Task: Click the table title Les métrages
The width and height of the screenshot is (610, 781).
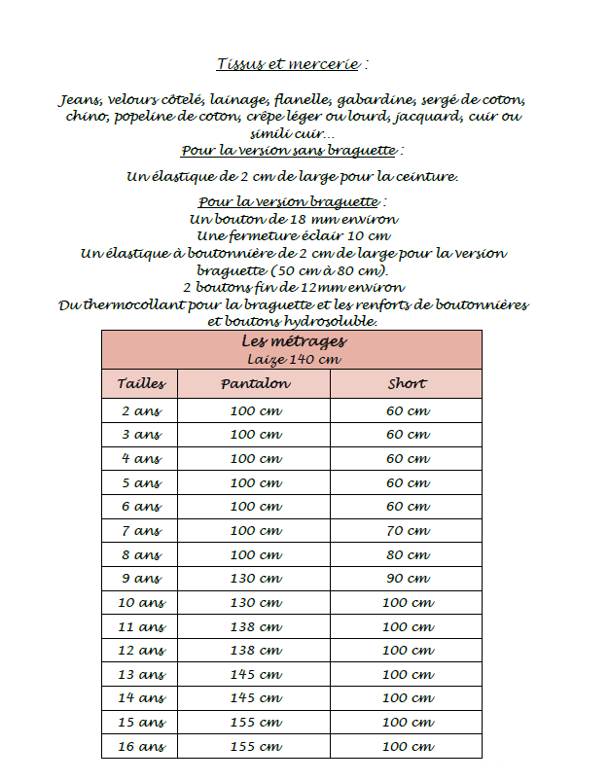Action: (293, 342)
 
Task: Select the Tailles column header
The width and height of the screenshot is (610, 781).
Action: (141, 384)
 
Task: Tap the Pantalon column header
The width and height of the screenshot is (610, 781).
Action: (255, 384)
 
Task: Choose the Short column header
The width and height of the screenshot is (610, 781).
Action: (406, 384)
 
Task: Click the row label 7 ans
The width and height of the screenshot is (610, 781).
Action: (141, 531)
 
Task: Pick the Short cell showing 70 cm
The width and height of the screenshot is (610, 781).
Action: (406, 531)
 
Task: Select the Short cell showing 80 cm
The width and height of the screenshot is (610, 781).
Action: (406, 555)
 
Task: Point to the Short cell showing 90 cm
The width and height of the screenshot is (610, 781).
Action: (406, 579)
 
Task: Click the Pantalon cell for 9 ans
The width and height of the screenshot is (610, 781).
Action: (255, 579)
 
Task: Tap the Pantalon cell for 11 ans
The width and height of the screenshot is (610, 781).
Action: (255, 627)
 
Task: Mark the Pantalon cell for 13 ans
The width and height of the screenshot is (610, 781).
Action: (255, 675)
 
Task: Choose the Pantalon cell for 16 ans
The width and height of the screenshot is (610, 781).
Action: (255, 747)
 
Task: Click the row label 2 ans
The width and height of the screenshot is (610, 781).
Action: (141, 411)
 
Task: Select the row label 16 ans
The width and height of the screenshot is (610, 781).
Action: (141, 747)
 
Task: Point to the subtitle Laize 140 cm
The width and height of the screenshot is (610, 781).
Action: (293, 360)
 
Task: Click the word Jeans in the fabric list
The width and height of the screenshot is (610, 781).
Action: (80, 100)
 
